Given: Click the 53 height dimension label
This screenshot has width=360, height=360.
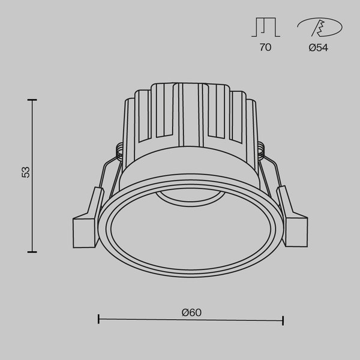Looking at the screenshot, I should (x=25, y=172).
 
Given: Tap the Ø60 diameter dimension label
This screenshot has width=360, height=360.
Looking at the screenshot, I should (x=190, y=311).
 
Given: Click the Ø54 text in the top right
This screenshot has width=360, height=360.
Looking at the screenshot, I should (x=318, y=47).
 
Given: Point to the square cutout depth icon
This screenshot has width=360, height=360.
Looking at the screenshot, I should (x=266, y=27).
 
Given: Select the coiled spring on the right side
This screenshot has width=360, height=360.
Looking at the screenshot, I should (x=263, y=149).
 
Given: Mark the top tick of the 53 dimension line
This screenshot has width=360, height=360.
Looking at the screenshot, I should (x=32, y=98).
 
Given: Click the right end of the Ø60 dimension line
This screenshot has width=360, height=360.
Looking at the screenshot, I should (x=283, y=321).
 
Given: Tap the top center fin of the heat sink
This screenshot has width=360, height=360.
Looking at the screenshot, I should (x=191, y=99).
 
